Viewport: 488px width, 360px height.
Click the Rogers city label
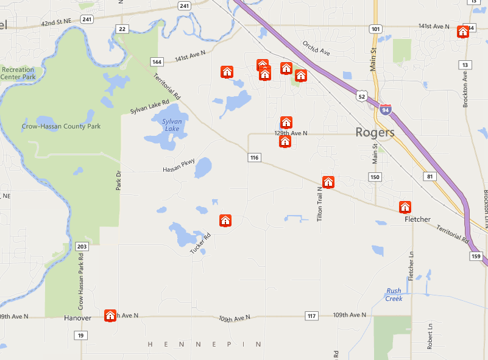(x=375, y=132)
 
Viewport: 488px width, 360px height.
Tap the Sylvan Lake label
(x=172, y=125)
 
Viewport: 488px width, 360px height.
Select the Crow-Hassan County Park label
(x=62, y=126)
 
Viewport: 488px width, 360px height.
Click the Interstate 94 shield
(x=385, y=109)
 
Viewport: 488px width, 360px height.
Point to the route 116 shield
(x=255, y=158)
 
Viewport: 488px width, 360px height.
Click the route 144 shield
(x=157, y=62)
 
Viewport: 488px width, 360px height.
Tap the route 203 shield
(x=83, y=247)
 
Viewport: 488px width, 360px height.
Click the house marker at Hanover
(x=110, y=316)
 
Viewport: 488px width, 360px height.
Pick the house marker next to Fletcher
(x=405, y=207)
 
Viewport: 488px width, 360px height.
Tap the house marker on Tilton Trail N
(x=328, y=182)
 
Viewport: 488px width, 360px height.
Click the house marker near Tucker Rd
(x=225, y=221)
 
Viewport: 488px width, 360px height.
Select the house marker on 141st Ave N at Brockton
(x=462, y=31)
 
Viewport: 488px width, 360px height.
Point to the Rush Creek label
(x=394, y=295)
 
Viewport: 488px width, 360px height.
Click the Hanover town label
(x=77, y=318)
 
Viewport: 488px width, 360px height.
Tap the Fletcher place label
(x=417, y=219)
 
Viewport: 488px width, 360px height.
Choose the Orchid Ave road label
(x=316, y=49)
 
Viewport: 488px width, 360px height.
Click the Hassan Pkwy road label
(x=179, y=165)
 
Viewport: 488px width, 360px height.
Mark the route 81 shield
(x=431, y=177)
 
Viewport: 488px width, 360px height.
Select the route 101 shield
(x=376, y=29)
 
